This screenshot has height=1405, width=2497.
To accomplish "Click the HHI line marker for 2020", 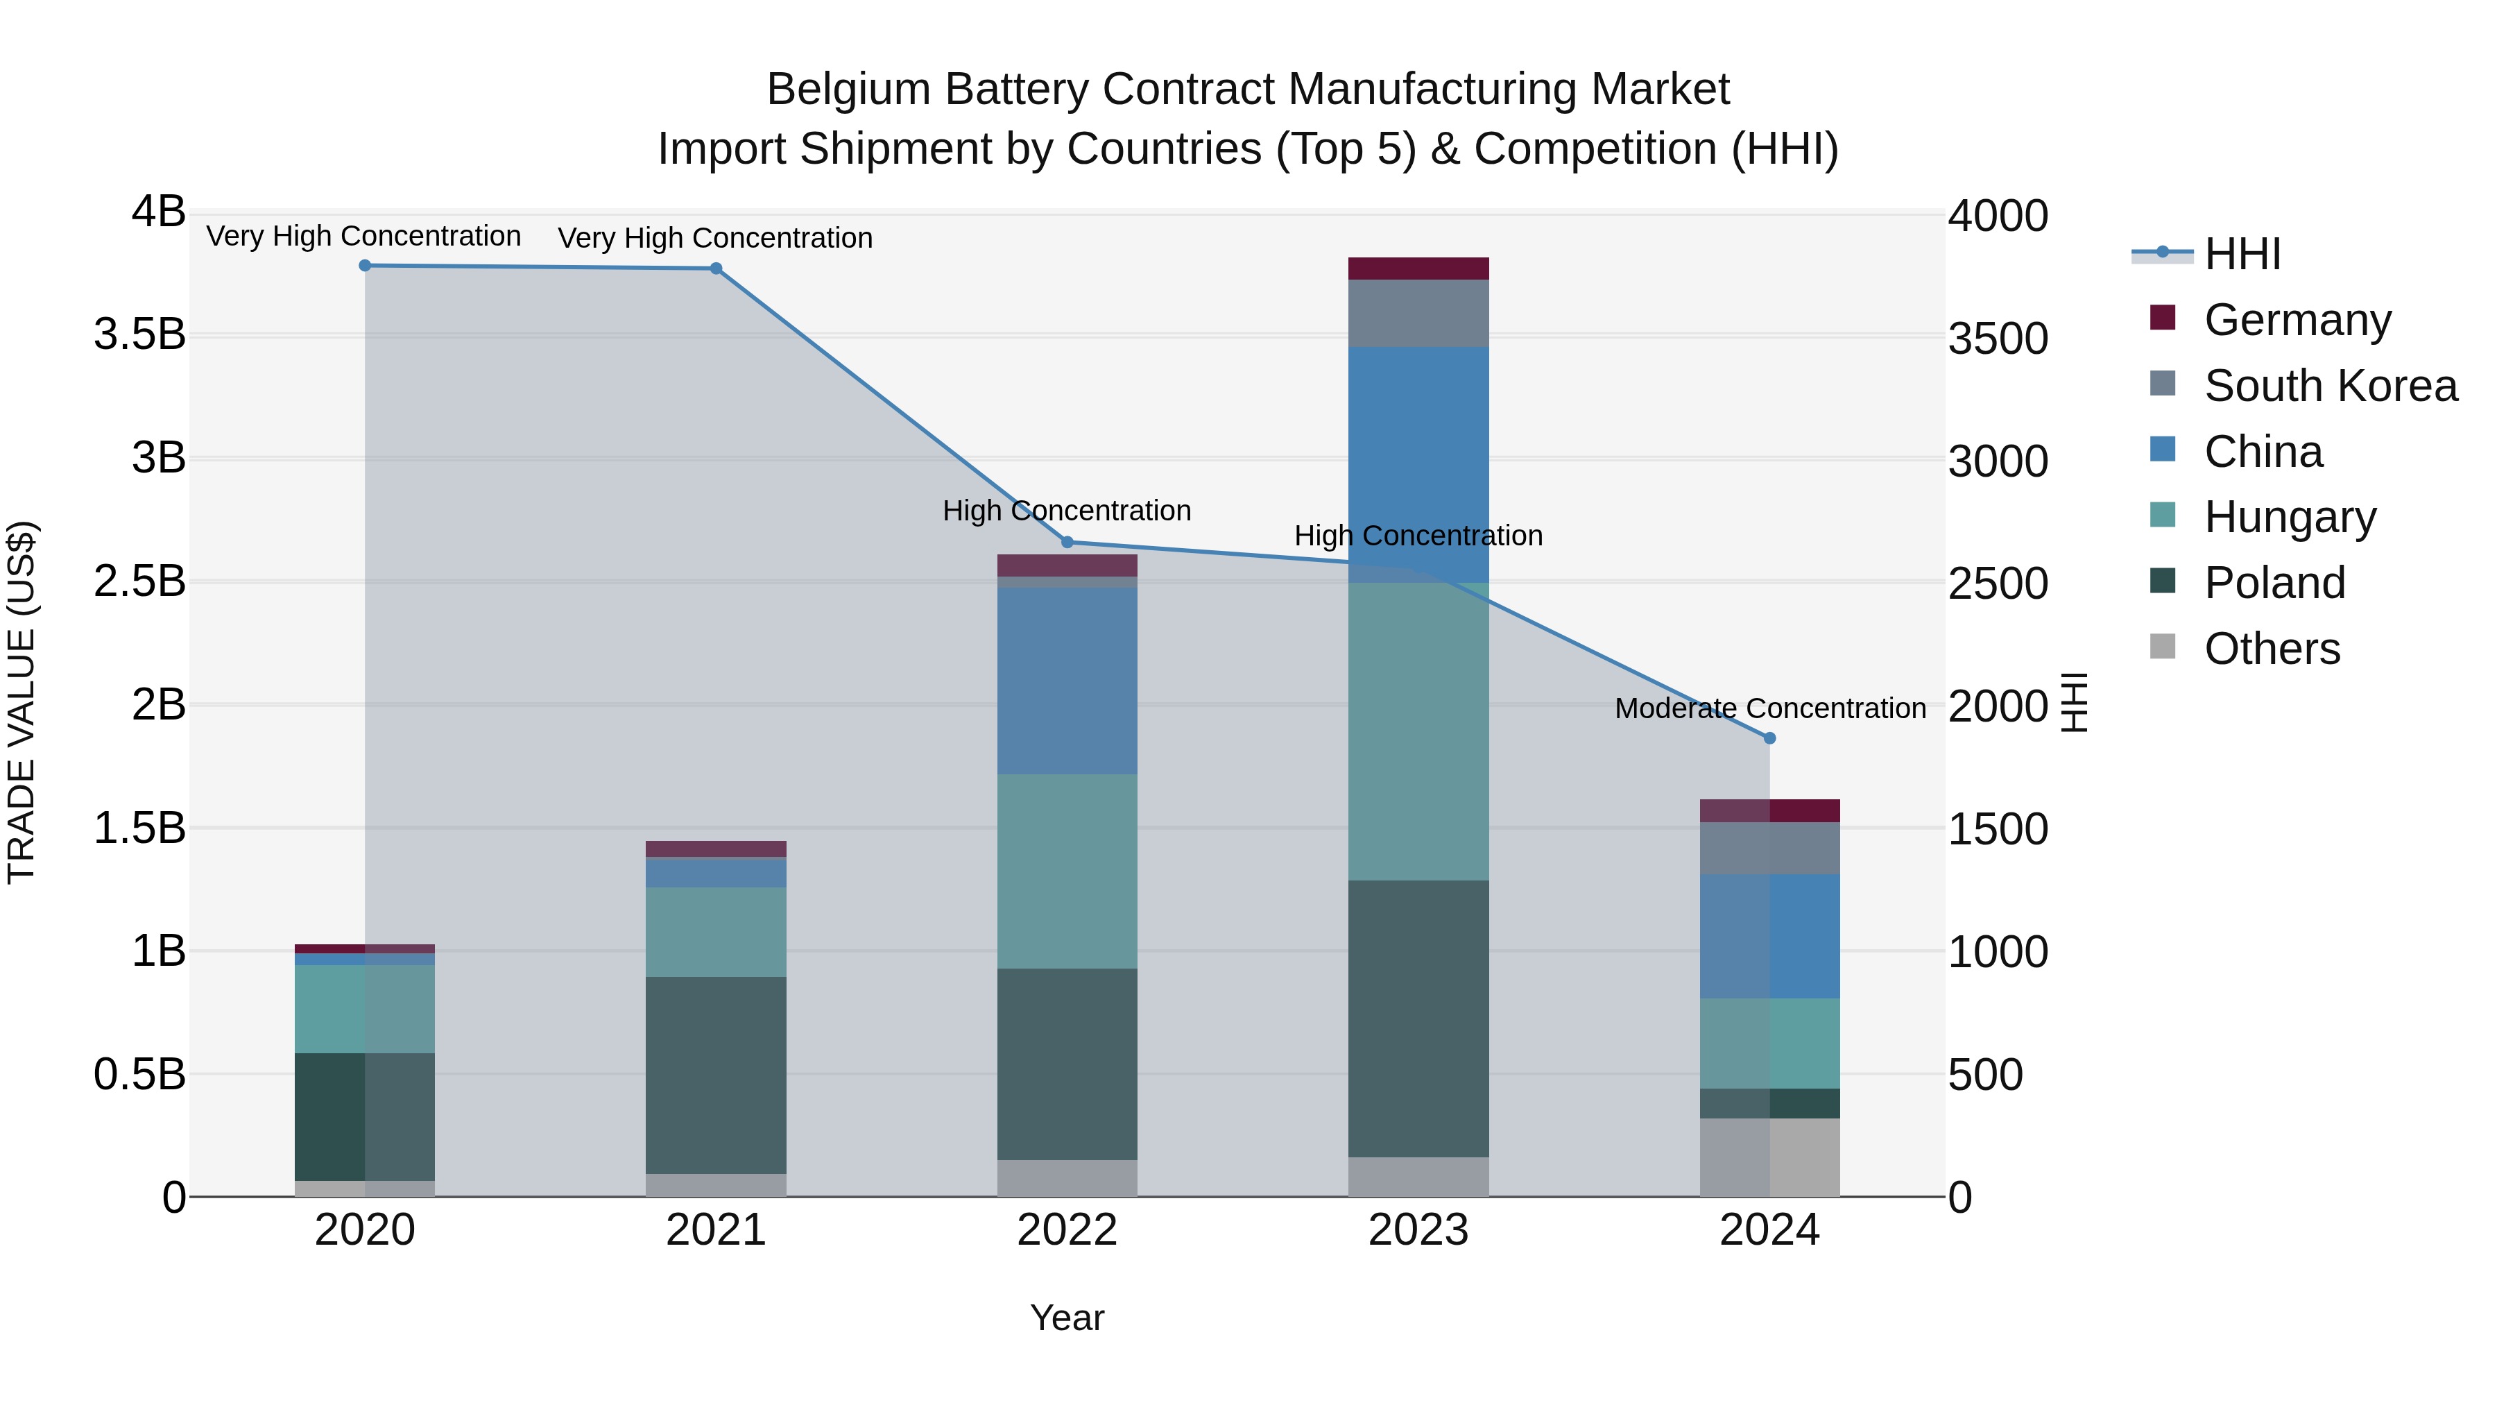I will (x=366, y=266).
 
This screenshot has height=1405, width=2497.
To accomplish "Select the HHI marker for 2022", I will (x=1067, y=542).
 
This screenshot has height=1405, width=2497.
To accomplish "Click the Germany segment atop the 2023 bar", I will (x=1418, y=269).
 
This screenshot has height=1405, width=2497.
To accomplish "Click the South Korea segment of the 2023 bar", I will (x=1418, y=313).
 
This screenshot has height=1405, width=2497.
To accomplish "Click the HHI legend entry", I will (x=2242, y=254).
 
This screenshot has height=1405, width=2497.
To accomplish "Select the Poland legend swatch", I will (x=2163, y=582).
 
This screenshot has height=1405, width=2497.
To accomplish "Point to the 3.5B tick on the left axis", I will (x=139, y=334).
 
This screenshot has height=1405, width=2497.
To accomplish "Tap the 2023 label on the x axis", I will (x=1418, y=1230).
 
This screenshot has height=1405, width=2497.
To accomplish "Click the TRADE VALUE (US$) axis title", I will (x=22, y=702).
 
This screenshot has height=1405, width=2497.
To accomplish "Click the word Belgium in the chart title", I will (x=848, y=90).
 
